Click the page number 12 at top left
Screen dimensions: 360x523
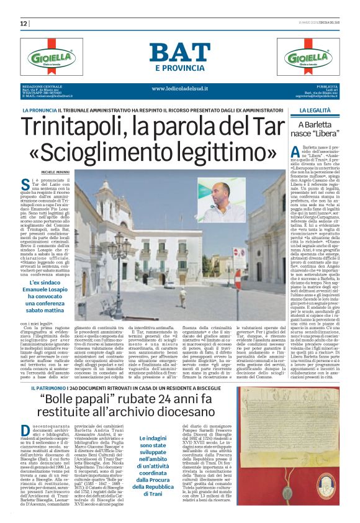click(x=24, y=24)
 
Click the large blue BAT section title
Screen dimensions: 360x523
click(x=179, y=53)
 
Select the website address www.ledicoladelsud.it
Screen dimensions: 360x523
click(x=180, y=88)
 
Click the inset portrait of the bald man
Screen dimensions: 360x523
click(x=222, y=200)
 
